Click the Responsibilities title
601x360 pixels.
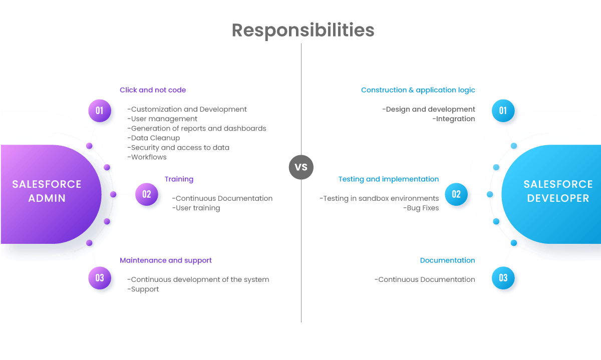point(303,31)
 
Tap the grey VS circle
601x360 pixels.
point(301,167)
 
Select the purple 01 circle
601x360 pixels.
point(100,110)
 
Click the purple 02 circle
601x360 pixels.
point(147,194)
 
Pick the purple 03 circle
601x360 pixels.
point(100,278)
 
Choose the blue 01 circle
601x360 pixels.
point(503,111)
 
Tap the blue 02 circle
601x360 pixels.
point(456,194)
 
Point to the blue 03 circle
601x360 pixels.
point(503,278)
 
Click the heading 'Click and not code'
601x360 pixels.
point(153,90)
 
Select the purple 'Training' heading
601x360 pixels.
point(179,179)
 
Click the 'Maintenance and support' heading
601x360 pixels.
point(166,260)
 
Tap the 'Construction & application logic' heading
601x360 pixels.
point(418,90)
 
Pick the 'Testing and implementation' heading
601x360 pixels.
point(388,179)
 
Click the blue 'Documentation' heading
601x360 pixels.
point(447,260)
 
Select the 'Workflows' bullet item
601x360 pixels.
point(147,157)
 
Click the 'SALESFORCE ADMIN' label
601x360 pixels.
point(47,191)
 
